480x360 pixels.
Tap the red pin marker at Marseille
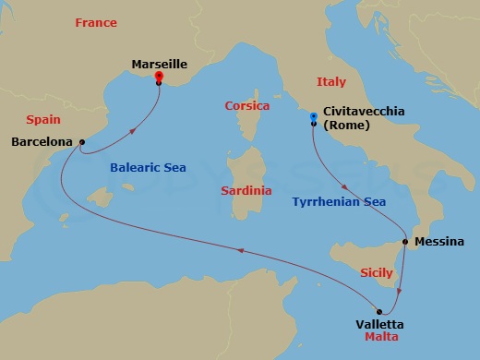(159, 77)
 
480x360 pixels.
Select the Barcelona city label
(42, 142)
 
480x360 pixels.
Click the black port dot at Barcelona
(82, 142)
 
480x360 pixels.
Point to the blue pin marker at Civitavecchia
(314, 117)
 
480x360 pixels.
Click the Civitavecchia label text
(365, 111)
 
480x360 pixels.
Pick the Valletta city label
(379, 324)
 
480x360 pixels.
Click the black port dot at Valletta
(378, 310)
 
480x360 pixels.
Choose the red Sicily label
(376, 273)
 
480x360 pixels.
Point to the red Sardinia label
(246, 190)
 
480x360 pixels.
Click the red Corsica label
(247, 106)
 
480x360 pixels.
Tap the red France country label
(95, 22)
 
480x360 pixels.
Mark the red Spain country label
(43, 119)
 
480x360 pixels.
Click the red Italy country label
(330, 81)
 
